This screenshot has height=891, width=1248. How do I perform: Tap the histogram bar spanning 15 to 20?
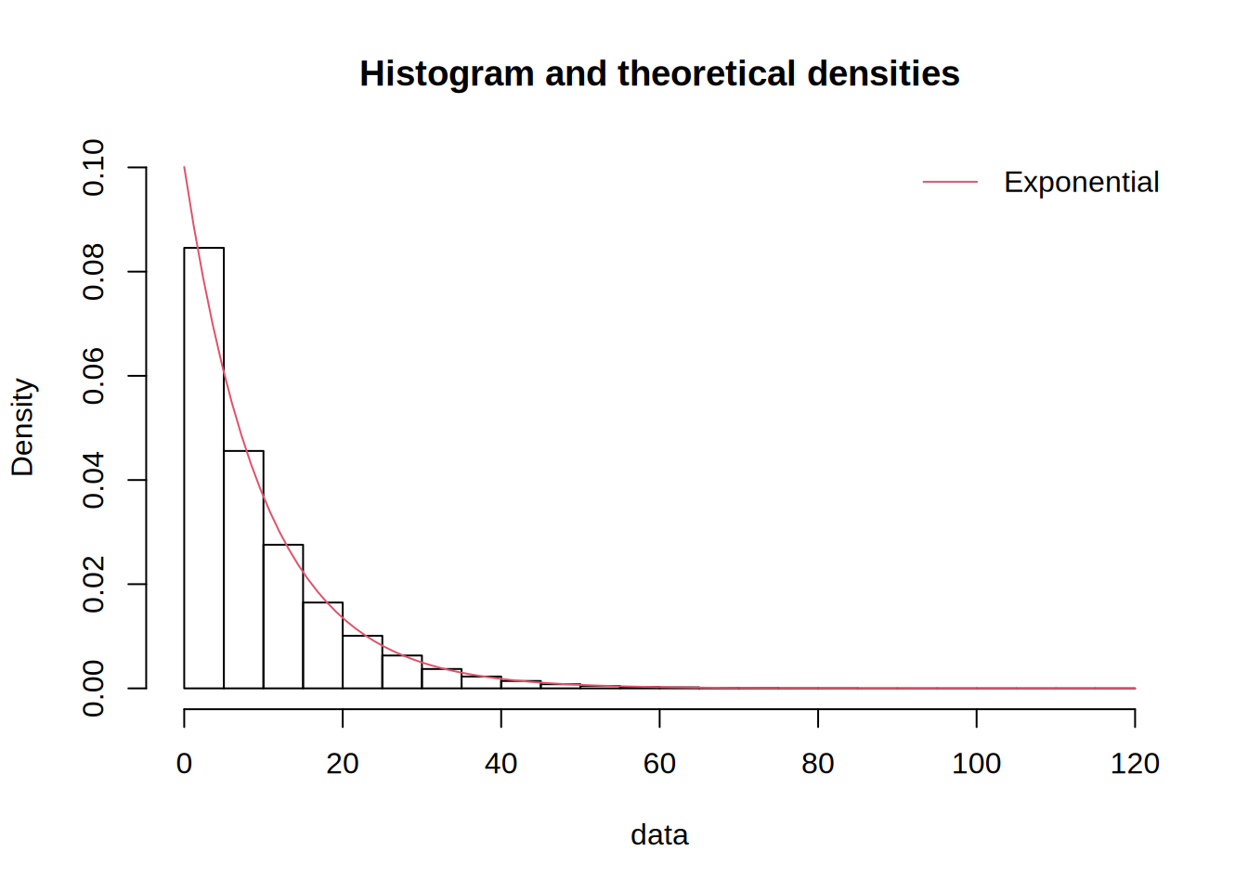pyautogui.click(x=323, y=646)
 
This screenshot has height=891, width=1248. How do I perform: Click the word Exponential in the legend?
pyautogui.click(x=1081, y=182)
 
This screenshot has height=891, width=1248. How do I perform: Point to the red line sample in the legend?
pyautogui.click(x=950, y=182)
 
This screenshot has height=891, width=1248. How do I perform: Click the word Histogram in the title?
pyautogui.click(x=447, y=73)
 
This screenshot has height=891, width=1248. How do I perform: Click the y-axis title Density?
pyautogui.click(x=22, y=427)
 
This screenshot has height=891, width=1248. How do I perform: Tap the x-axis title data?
pyautogui.click(x=659, y=834)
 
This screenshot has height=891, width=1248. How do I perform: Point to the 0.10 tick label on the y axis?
pyautogui.click(x=94, y=168)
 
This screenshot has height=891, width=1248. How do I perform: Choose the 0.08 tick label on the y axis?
pyautogui.click(x=94, y=272)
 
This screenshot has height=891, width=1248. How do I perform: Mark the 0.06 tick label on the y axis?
pyautogui.click(x=94, y=376)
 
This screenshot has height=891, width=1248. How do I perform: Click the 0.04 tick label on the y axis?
pyautogui.click(x=94, y=480)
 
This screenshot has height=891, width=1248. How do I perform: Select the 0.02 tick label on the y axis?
pyautogui.click(x=94, y=585)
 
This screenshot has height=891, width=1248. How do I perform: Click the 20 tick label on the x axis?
pyautogui.click(x=343, y=763)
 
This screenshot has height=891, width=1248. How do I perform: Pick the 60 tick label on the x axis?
pyautogui.click(x=659, y=763)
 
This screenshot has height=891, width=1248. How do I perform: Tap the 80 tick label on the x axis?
pyautogui.click(x=818, y=763)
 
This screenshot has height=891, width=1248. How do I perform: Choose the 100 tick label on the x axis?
pyautogui.click(x=976, y=763)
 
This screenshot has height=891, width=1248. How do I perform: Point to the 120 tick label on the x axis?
pyautogui.click(x=1135, y=763)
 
